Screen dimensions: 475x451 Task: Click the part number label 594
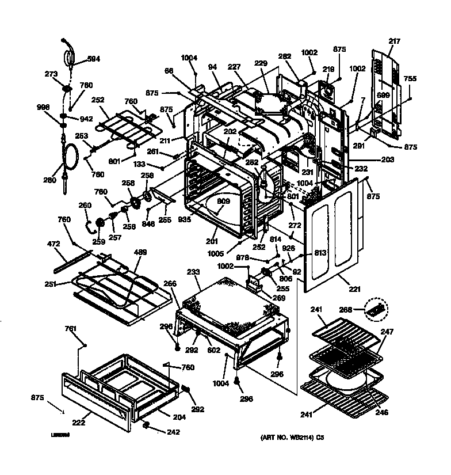click(93, 59)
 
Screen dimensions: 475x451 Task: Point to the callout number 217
click(394, 41)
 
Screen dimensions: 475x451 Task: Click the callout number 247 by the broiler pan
click(387, 332)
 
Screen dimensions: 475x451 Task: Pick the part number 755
click(410, 79)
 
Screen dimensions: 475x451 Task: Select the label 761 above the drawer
click(70, 329)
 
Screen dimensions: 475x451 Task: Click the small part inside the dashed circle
click(378, 310)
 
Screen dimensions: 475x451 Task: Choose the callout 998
click(44, 107)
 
